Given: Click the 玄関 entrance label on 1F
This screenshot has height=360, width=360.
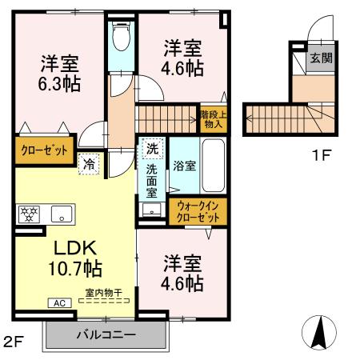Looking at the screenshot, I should pyautogui.click(x=319, y=57).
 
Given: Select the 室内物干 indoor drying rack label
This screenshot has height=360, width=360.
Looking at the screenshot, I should pyautogui.click(x=102, y=294).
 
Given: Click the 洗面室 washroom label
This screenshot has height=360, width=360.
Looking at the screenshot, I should pyautogui.click(x=152, y=180).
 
